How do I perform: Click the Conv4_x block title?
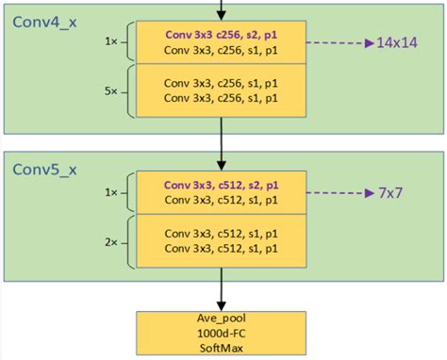[44, 20]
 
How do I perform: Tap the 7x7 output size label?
[391, 192]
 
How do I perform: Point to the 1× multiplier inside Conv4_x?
[112, 42]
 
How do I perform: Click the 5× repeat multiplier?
[112, 91]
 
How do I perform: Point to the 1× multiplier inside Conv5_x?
[112, 192]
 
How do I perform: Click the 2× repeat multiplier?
[112, 241]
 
